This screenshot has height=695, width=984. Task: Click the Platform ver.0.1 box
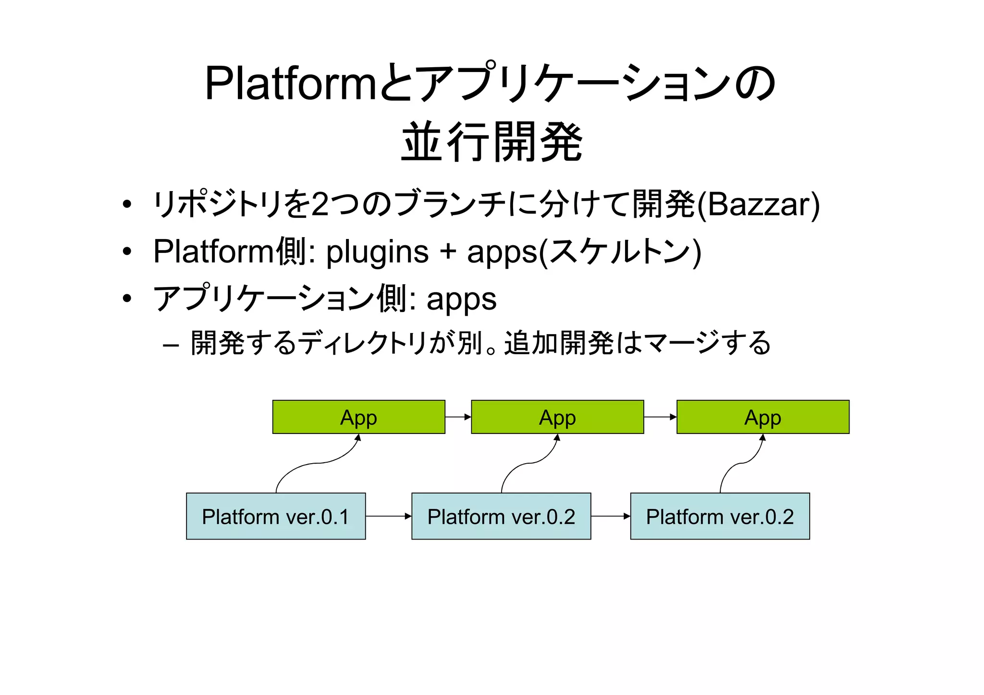[276, 516]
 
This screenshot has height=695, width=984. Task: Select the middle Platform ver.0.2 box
[501, 516]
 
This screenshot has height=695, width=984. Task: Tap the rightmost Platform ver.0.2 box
[720, 516]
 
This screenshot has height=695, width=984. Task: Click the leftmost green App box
[358, 417]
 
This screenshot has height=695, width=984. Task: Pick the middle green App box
[557, 417]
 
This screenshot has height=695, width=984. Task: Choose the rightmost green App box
[763, 417]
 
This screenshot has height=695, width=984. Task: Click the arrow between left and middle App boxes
[458, 417]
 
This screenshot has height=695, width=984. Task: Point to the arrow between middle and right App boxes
[660, 417]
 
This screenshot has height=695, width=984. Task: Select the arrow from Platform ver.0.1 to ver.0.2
[388, 516]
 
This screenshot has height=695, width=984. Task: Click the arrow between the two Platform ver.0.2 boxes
[610, 516]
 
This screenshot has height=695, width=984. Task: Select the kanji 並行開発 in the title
[492, 142]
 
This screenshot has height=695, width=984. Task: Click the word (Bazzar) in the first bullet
[758, 204]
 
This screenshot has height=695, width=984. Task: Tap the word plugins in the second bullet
[377, 252]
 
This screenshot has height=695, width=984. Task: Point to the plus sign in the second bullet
[448, 252]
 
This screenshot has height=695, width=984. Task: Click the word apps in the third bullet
[461, 300]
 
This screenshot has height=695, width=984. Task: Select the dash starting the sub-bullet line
[171, 345]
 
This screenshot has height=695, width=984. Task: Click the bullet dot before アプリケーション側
[127, 299]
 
